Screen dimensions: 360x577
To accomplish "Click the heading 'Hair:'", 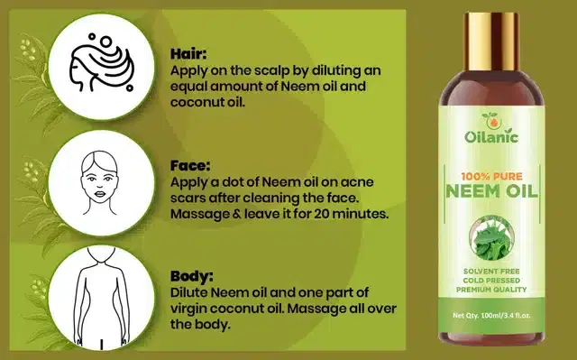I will click(188, 53).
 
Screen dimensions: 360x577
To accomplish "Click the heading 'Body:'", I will click(191, 277).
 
